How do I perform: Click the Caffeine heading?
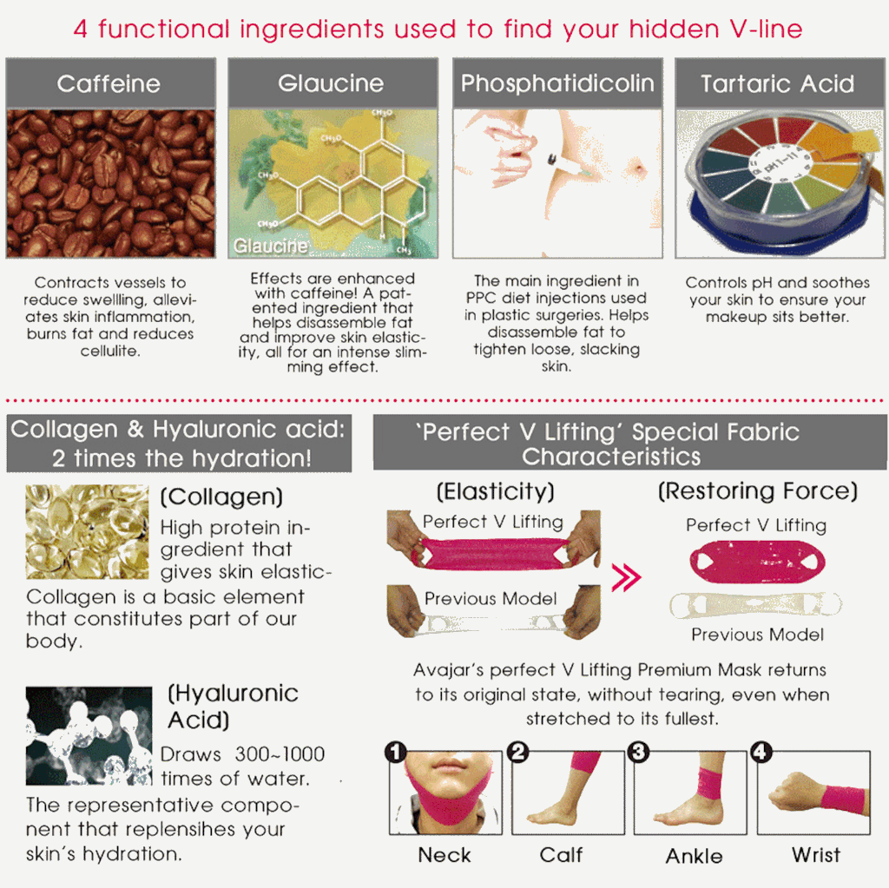[109, 84]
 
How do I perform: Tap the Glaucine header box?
[333, 82]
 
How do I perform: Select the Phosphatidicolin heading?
[557, 84]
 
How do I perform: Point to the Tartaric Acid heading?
[777, 84]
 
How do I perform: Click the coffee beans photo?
[110, 184]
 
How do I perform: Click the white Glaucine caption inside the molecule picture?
[271, 246]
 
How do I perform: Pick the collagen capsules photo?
[88, 531]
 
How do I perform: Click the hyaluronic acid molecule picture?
[89, 735]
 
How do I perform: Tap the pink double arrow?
[627, 577]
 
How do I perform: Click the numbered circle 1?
[396, 752]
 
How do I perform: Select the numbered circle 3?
[638, 752]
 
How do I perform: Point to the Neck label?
[444, 855]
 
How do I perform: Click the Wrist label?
[816, 855]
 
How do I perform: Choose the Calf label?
[562, 855]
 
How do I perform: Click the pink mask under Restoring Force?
[757, 562]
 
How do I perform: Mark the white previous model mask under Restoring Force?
[756, 605]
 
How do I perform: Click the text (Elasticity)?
[495, 491]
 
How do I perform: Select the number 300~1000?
[280, 754]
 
